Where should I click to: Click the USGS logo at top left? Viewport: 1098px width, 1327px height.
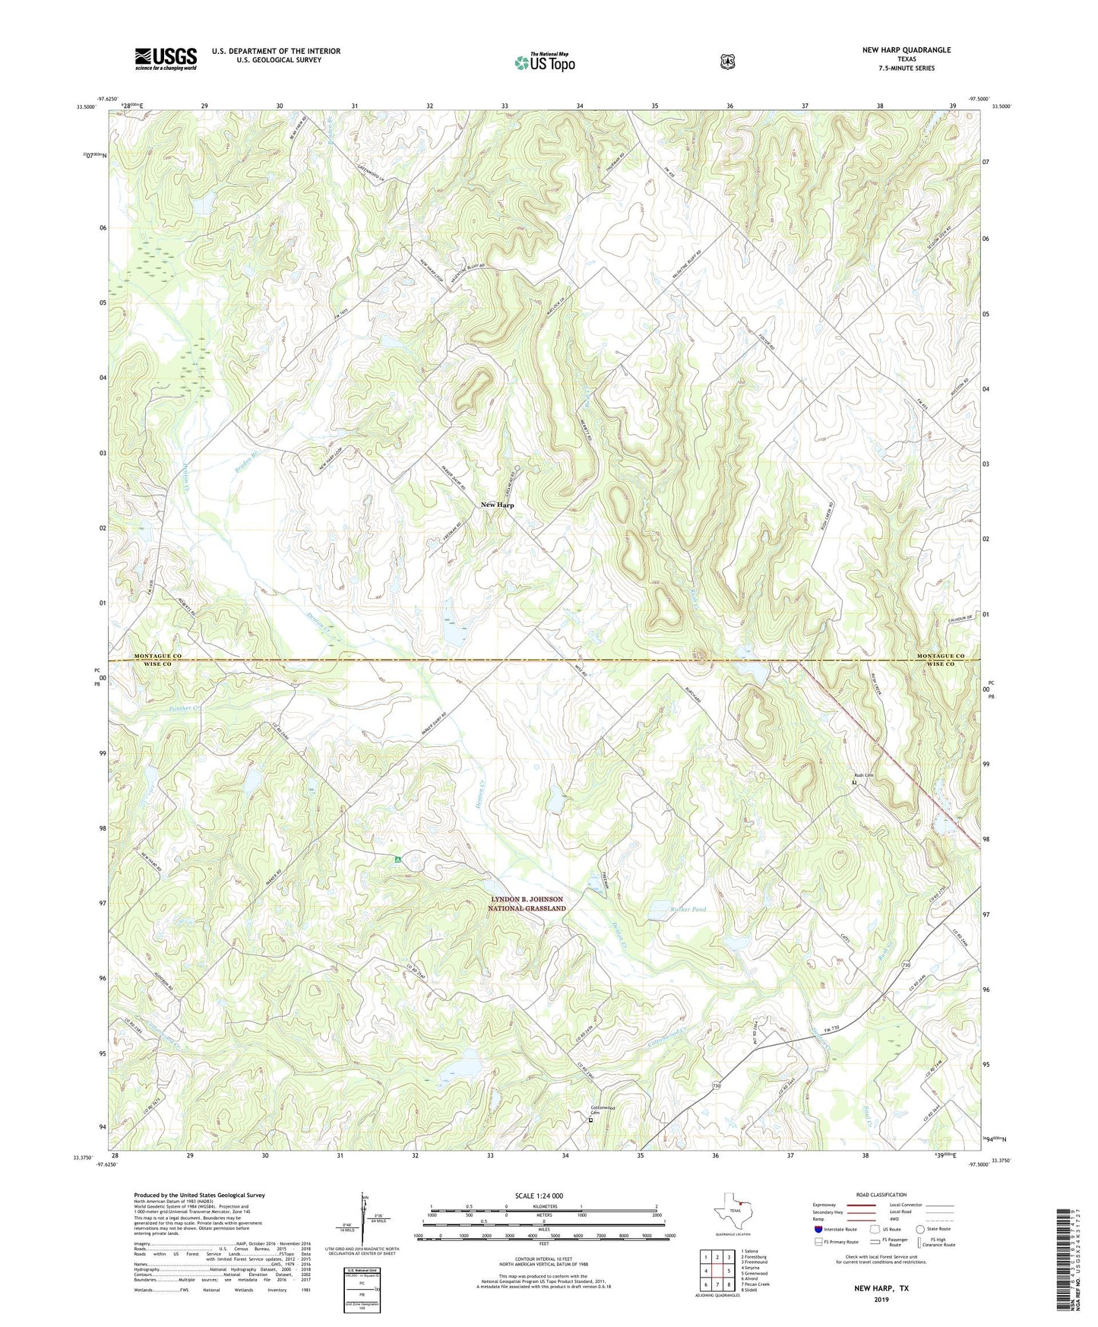[x=166, y=59]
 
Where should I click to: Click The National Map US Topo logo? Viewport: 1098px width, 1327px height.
[x=544, y=62]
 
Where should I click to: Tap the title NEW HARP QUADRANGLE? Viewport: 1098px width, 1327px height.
[x=906, y=50]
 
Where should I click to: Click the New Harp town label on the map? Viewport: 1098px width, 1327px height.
[x=497, y=505]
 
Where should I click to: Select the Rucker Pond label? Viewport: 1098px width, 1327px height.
[x=688, y=909]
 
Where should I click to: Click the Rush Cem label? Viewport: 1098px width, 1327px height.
[x=863, y=775]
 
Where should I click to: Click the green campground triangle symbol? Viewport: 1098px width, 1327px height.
[x=397, y=860]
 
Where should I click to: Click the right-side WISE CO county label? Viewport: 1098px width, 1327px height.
[x=940, y=664]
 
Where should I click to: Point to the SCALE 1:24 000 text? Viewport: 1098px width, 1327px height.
[x=539, y=1196]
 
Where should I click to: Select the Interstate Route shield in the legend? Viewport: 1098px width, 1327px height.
[x=818, y=1229]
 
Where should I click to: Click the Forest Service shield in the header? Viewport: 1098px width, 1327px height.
[x=727, y=62]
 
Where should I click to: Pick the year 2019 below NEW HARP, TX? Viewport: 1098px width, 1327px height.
[x=881, y=1300]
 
